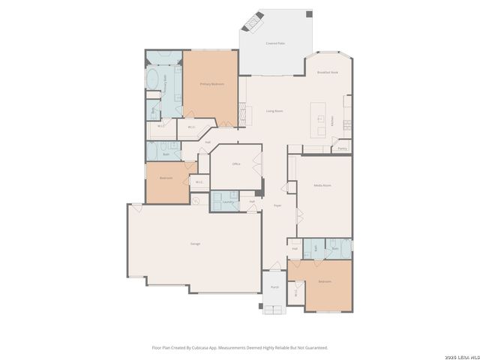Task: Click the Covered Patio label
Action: click(x=274, y=43)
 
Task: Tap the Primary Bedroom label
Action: click(x=211, y=84)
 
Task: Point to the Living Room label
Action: click(x=274, y=110)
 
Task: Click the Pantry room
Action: click(x=342, y=148)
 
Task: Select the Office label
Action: click(x=235, y=163)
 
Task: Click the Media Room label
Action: click(x=322, y=184)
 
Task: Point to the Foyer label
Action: click(x=277, y=205)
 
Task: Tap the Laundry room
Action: click(x=226, y=202)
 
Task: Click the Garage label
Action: click(x=194, y=244)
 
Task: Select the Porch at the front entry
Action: click(x=274, y=287)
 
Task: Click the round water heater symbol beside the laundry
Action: click(x=196, y=200)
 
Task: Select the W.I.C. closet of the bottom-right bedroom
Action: click(x=297, y=292)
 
